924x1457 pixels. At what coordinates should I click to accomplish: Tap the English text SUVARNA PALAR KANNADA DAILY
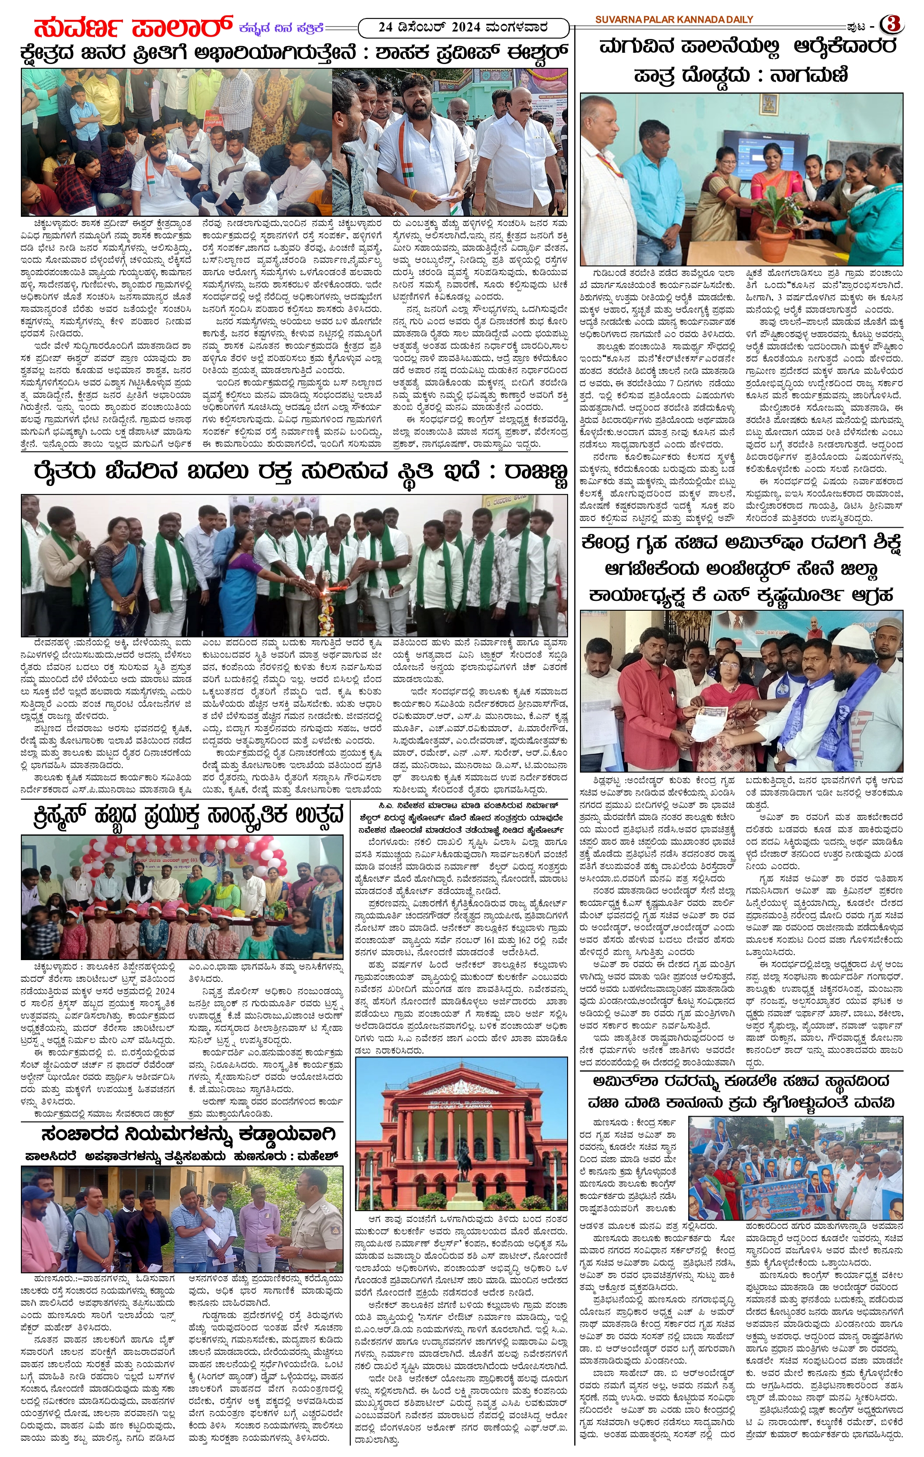click(x=674, y=19)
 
